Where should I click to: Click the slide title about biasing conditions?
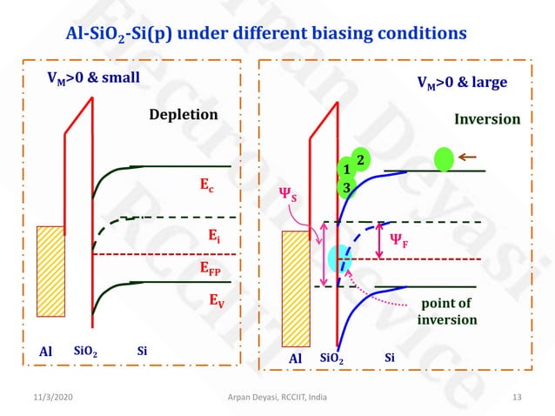pos(266,34)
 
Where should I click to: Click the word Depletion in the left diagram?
pos(183,115)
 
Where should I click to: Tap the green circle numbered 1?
pos(345,170)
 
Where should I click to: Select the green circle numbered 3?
pos(346,187)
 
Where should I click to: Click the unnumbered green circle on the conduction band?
pos(445,159)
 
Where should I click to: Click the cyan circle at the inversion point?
pos(338,258)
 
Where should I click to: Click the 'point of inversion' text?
pos(447,312)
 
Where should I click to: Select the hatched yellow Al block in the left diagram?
pos(50,283)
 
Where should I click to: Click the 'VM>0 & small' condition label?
pos(93,77)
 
